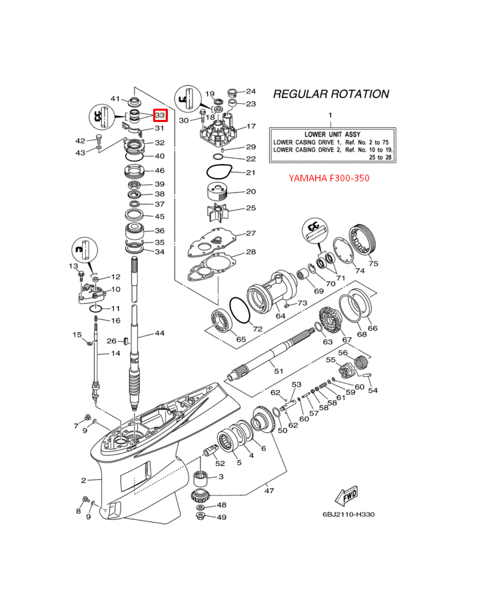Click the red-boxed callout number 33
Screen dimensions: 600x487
(160, 115)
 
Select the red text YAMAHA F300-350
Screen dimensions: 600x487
(328, 178)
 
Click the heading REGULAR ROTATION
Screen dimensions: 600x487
(331, 94)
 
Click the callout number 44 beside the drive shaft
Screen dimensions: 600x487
(159, 333)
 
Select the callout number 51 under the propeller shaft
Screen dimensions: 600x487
(278, 371)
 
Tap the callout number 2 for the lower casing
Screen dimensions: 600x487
(84, 480)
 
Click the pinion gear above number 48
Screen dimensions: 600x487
(201, 495)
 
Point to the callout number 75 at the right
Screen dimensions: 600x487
(373, 263)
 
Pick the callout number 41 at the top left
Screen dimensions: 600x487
(115, 99)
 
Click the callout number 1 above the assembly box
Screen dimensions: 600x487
(328, 115)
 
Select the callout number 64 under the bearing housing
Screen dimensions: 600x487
(280, 315)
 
